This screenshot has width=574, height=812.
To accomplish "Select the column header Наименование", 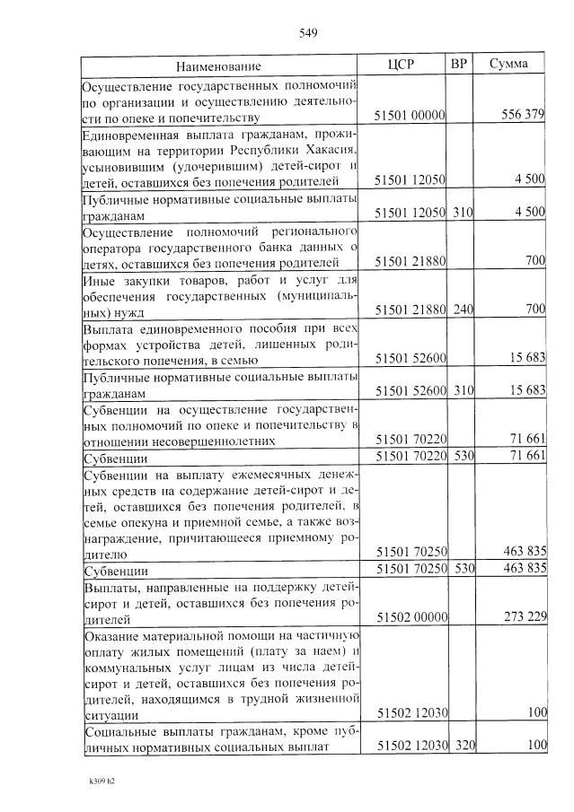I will click(x=218, y=66).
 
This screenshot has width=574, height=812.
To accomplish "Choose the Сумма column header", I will click(x=508, y=65).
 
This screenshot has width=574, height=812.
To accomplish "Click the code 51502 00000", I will click(x=410, y=618).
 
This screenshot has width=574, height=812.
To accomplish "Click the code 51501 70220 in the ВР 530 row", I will click(x=410, y=457).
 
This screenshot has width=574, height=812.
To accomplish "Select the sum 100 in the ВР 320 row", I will click(x=534, y=746).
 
